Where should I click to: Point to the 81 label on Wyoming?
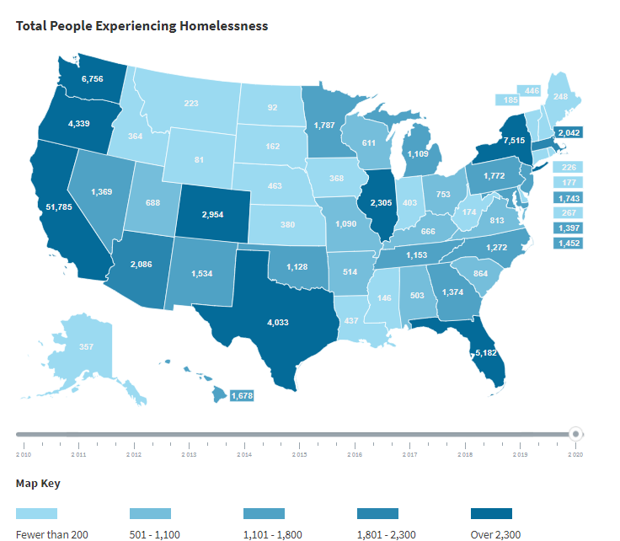[199, 160]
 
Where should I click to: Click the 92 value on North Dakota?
[271, 108]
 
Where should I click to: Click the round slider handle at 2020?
[576, 434]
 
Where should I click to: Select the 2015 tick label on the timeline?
[299, 454]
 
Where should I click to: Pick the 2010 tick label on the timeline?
[24, 454]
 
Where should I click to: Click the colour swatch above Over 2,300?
[490, 513]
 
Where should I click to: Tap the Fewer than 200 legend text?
[52, 533]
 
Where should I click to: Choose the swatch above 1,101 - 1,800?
[264, 513]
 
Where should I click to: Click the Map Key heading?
[38, 484]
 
